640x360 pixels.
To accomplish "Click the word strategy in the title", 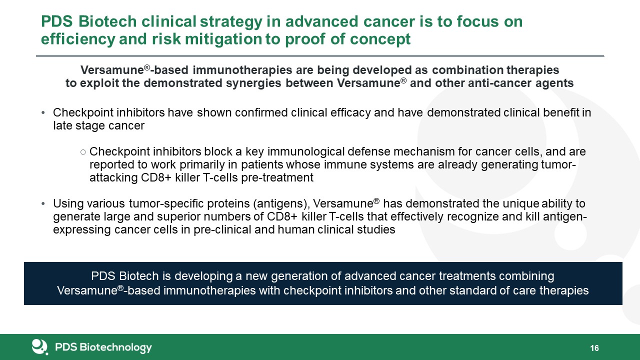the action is pos(231,22).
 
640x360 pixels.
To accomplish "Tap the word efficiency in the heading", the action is pos(78,39).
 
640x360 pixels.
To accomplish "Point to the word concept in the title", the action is pos(380,39).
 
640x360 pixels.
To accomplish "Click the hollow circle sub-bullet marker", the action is pos(83,152).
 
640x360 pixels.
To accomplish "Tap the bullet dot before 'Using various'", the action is pos(43,204).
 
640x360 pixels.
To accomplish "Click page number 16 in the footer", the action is pos(594,348).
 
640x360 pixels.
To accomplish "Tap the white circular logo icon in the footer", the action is pos(39,347).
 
